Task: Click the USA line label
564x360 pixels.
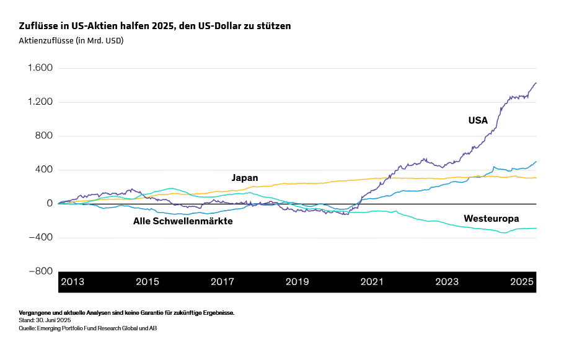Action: [x=478, y=121]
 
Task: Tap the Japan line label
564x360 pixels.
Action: [x=245, y=178]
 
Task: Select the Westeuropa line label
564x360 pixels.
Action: [x=491, y=219]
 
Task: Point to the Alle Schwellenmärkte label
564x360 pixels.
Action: [x=183, y=221]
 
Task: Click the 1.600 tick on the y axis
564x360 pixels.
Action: [x=40, y=68]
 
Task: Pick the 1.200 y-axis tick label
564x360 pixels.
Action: [x=40, y=102]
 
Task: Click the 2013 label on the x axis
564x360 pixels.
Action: [x=72, y=282]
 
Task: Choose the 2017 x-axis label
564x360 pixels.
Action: [x=222, y=282]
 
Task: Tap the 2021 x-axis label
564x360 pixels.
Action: [x=372, y=282]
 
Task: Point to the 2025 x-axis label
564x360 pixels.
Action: [x=522, y=282]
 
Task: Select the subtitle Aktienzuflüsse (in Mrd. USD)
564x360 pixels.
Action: [x=71, y=41]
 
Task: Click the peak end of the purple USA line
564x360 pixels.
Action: [x=536, y=82]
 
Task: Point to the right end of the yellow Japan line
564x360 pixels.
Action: [x=536, y=178]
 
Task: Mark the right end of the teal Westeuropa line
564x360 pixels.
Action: [x=536, y=228]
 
